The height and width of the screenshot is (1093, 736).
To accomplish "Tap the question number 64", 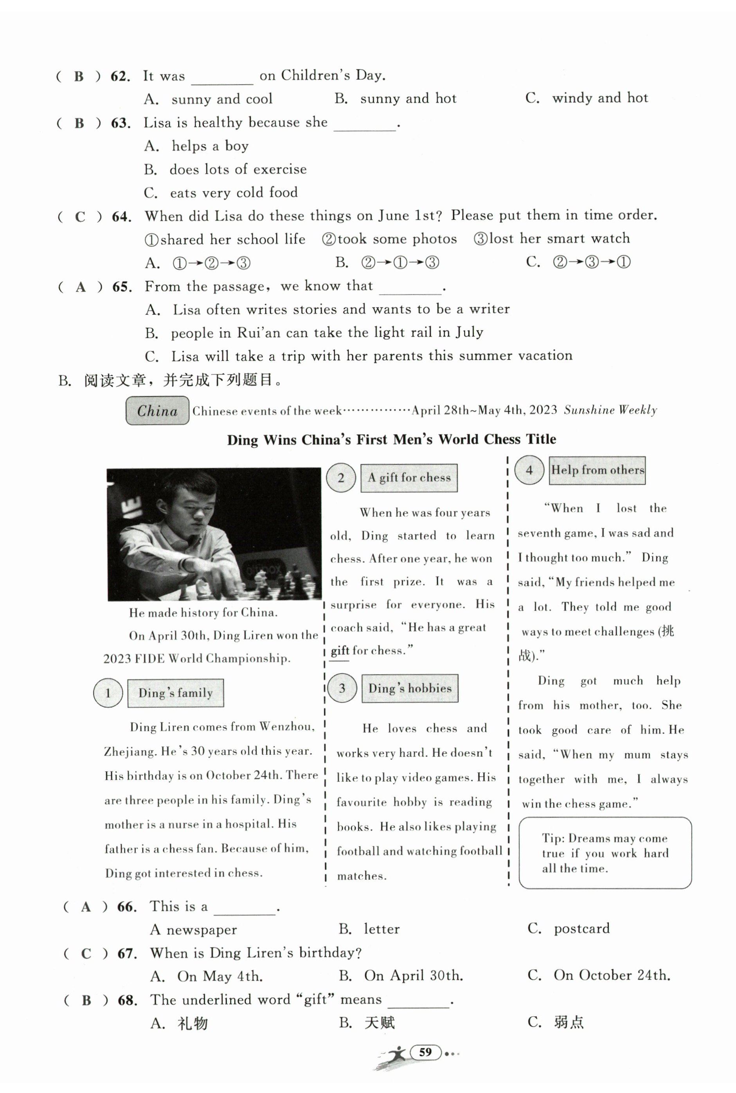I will click(121, 217).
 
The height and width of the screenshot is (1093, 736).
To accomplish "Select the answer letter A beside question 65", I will click(81, 287).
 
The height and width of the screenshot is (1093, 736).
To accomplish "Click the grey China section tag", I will click(157, 411).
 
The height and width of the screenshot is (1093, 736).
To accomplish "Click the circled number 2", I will click(341, 477).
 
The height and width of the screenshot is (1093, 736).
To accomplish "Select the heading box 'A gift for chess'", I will click(409, 478).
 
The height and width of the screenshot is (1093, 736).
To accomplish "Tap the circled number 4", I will click(529, 470).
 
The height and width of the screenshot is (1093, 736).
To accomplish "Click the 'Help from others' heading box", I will click(597, 470).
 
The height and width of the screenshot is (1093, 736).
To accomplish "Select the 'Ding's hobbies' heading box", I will click(410, 688).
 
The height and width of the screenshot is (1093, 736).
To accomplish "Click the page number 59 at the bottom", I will click(425, 1052).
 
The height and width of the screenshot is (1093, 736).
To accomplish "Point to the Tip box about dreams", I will click(605, 853).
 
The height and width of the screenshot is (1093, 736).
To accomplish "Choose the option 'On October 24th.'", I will click(611, 975).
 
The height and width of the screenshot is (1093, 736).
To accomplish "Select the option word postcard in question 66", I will click(581, 928).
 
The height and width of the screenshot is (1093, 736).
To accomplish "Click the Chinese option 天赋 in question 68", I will click(380, 1022).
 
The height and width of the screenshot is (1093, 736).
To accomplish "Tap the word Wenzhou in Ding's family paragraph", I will click(286, 727).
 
